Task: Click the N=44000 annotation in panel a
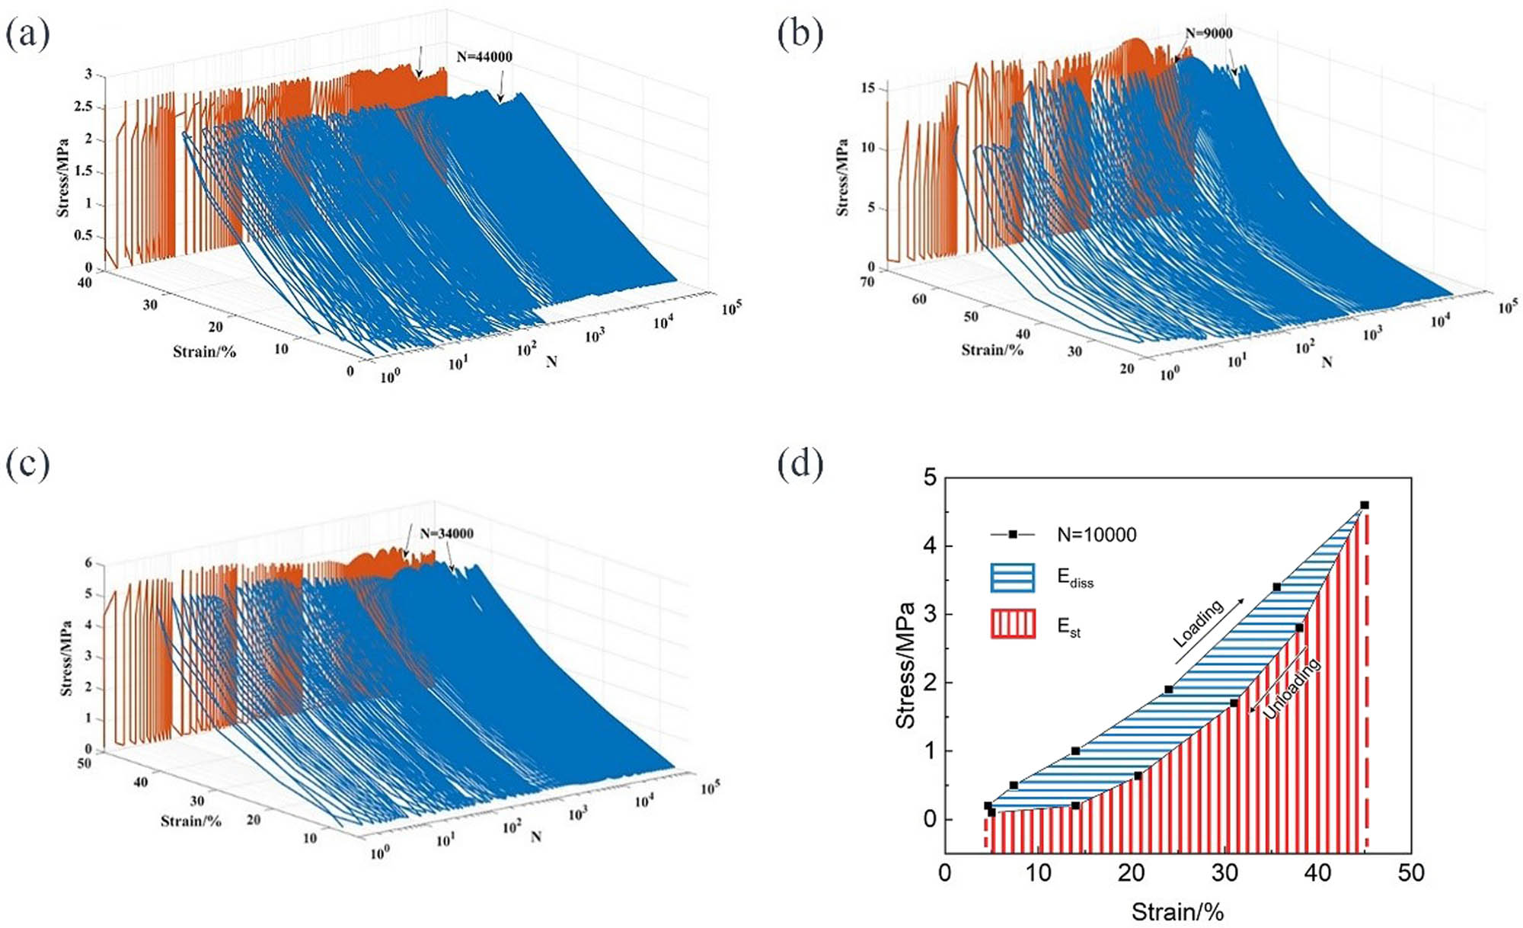pos(484,56)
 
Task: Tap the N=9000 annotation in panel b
pos(1209,33)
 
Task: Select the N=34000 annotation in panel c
pos(446,533)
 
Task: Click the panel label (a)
pos(28,34)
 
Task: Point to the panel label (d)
pos(800,464)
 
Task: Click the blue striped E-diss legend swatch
pos(1012,578)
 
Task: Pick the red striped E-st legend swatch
pos(1012,624)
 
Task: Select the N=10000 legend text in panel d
pos(1097,535)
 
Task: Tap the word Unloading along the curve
pos(1292,689)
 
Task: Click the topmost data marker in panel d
pos(1364,505)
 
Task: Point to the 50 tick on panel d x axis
pos(1410,873)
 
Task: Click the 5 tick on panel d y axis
pos(929,478)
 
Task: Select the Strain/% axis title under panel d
pos(1177,912)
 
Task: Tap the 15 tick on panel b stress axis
pos(867,88)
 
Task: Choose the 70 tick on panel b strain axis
pos(867,282)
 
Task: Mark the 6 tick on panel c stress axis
pos(88,563)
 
